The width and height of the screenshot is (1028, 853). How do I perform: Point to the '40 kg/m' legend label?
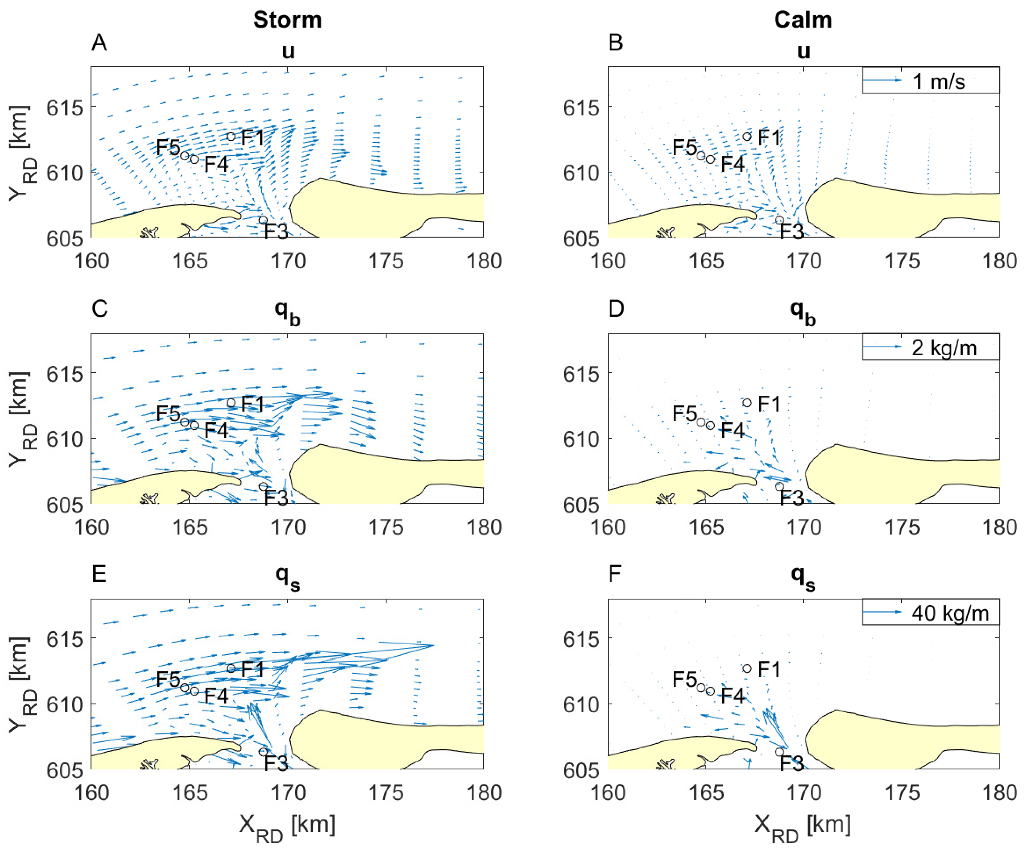950,613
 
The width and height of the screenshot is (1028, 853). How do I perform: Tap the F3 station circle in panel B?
779,220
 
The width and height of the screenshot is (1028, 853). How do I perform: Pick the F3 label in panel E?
276,763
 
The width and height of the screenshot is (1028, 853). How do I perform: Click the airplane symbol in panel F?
665,764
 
